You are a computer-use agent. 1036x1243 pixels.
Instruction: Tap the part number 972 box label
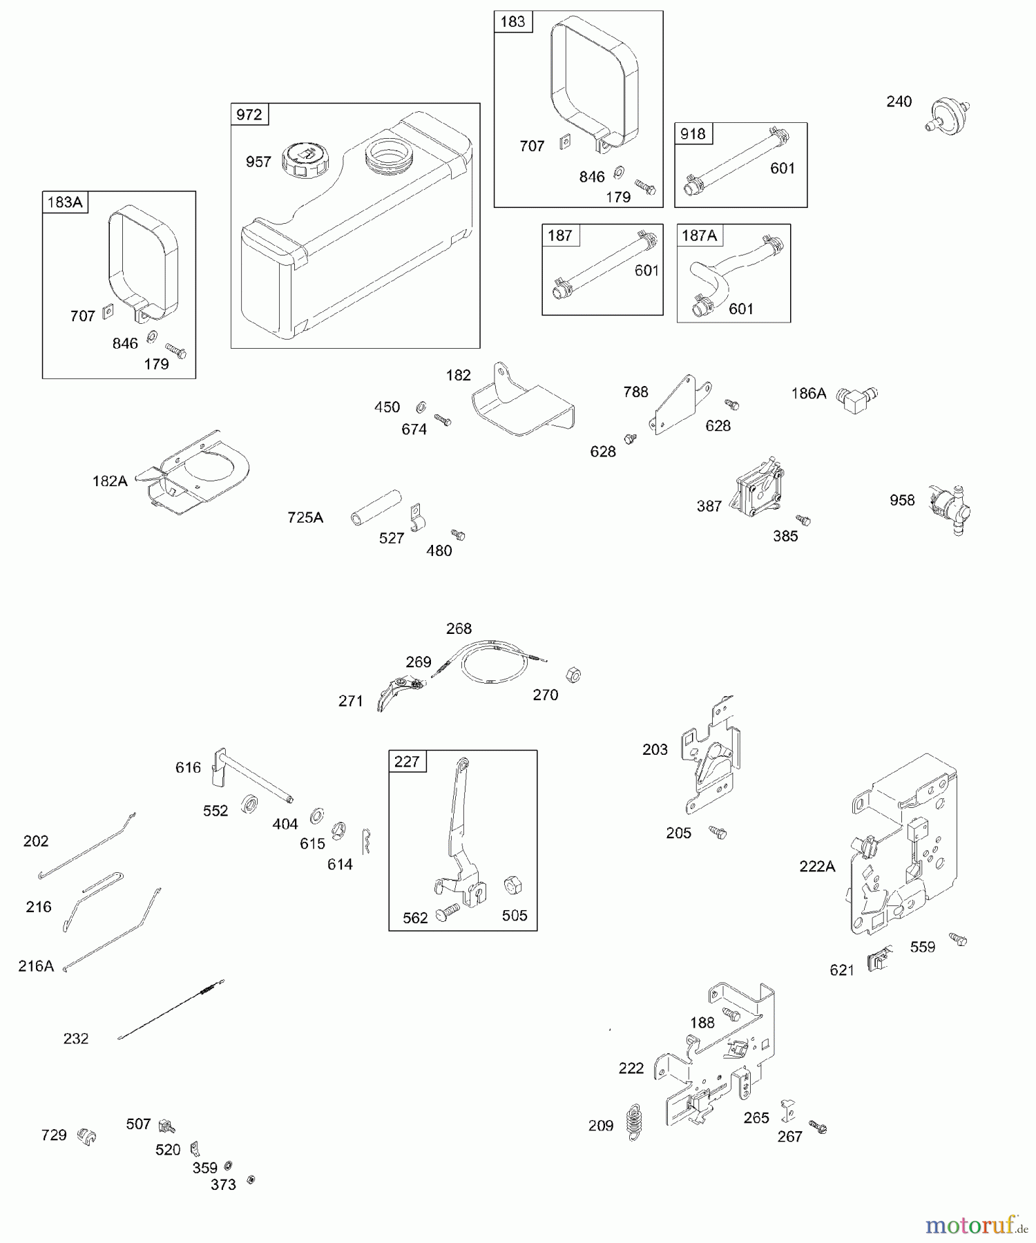pos(249,115)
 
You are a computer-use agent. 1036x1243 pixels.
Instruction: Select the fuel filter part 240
pos(947,114)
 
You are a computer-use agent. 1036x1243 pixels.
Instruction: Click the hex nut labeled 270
pos(573,675)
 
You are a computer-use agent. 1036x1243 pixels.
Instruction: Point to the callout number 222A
pos(817,866)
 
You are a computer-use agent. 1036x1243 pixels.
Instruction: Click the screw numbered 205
pos(718,833)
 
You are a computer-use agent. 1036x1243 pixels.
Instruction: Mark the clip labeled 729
pos(87,1135)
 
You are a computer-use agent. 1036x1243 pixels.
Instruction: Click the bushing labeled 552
pos(249,804)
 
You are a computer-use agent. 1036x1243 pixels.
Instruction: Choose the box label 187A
pos(699,235)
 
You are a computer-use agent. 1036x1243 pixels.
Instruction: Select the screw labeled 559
pos(959,939)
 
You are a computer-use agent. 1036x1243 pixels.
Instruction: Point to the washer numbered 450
pos(421,407)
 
